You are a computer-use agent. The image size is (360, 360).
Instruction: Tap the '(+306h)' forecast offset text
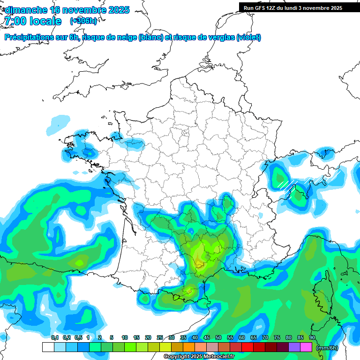[83, 21]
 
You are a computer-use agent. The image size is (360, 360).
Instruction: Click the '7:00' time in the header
[15, 21]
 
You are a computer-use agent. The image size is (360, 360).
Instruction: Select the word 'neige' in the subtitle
[125, 37]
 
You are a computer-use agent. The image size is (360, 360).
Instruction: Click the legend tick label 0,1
[54, 337]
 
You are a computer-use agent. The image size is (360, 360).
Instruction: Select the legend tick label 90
[312, 337]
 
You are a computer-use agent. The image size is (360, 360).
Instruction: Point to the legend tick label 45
[207, 337]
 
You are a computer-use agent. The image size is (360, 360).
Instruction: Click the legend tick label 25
[160, 337]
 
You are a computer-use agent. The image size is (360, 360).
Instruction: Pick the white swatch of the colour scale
[48, 347]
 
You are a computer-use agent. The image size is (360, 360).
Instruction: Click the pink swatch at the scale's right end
[306, 347]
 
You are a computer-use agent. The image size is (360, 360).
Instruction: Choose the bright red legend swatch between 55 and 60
[247, 347]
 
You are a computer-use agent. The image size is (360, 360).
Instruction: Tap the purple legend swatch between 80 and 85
[294, 347]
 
